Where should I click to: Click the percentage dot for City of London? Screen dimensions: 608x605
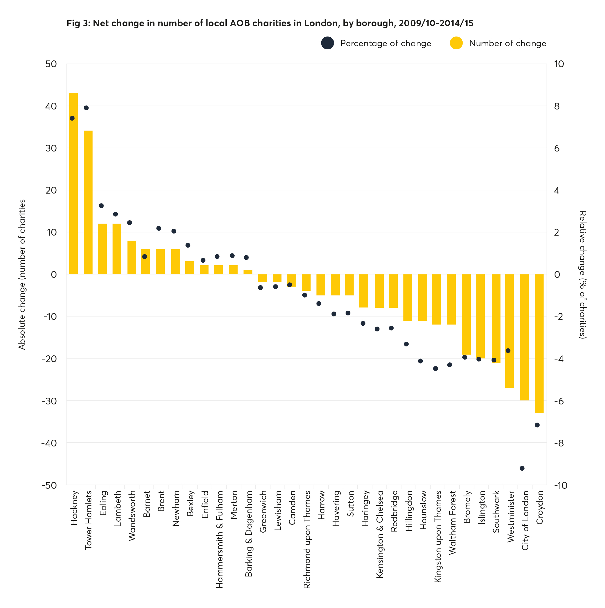click(522, 468)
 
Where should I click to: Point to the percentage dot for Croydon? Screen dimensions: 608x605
click(537, 425)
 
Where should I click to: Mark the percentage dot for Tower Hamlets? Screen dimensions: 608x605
click(86, 108)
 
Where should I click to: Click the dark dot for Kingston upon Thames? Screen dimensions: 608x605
click(436, 368)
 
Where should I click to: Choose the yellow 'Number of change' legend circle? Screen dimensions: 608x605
click(456, 43)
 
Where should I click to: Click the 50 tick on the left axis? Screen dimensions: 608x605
click(51, 64)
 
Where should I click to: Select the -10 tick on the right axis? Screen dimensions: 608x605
click(561, 485)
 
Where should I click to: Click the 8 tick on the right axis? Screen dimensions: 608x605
click(557, 106)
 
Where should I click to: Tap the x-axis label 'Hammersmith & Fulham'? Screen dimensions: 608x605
click(219, 539)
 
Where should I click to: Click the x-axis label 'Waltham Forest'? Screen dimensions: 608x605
click(452, 523)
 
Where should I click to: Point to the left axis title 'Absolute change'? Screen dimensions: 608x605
click(21, 274)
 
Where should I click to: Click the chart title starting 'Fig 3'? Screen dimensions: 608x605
click(270, 23)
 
